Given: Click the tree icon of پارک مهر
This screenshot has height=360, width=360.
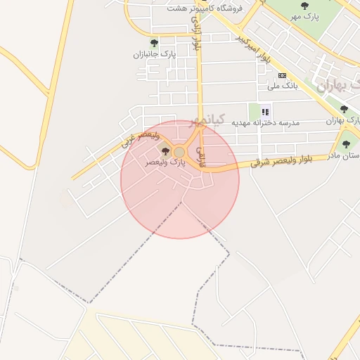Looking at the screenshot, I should [x=304, y=6].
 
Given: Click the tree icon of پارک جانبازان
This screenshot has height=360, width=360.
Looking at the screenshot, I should [x=154, y=44].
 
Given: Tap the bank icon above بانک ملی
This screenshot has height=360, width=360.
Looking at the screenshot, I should [x=283, y=75].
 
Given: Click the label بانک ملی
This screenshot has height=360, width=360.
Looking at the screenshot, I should [x=283, y=86].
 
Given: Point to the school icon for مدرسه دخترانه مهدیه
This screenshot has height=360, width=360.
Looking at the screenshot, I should [x=265, y=111].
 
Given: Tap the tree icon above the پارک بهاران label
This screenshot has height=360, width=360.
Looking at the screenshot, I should [x=344, y=109].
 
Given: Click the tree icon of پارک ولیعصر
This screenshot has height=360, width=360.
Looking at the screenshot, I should [x=166, y=151].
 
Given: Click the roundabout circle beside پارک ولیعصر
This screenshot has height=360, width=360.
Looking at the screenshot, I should [x=179, y=152].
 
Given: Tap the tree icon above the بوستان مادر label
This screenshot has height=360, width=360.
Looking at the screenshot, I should [x=345, y=146].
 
